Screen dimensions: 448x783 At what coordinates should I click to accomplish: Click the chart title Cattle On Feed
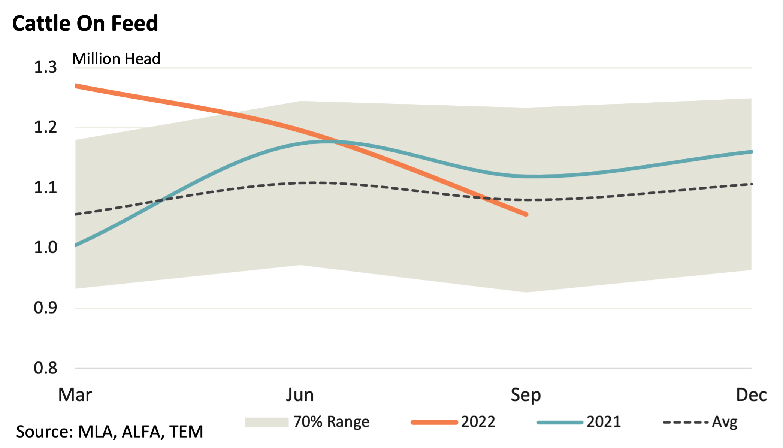click(x=85, y=23)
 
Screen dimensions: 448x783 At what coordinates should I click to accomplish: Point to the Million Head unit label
click(x=116, y=59)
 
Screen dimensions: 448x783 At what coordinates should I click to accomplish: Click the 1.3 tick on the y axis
click(x=45, y=67)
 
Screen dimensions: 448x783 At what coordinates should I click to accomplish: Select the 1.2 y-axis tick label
click(x=45, y=127)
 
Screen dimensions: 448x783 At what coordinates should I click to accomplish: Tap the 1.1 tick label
click(x=45, y=187)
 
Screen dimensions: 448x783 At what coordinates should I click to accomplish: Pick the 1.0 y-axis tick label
click(x=45, y=248)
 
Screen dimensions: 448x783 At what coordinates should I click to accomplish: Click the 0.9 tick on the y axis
click(x=45, y=308)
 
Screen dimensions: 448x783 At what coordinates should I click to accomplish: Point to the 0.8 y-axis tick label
click(x=45, y=368)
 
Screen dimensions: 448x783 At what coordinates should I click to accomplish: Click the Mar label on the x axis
click(x=75, y=395)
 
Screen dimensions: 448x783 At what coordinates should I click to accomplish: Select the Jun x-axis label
click(x=300, y=395)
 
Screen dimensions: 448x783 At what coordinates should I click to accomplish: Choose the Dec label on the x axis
click(x=751, y=395)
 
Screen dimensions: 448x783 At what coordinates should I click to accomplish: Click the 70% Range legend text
click(x=331, y=422)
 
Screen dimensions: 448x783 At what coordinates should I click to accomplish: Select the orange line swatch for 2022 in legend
click(x=434, y=422)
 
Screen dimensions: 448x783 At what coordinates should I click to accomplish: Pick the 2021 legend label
click(x=604, y=422)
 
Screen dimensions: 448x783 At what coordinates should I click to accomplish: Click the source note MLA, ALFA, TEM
click(x=109, y=432)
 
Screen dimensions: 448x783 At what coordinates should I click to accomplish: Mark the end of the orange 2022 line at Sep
click(x=526, y=214)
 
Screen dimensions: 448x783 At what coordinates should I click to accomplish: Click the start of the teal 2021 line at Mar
click(x=76, y=245)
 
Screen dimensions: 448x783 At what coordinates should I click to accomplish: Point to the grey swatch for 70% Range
click(x=266, y=422)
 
